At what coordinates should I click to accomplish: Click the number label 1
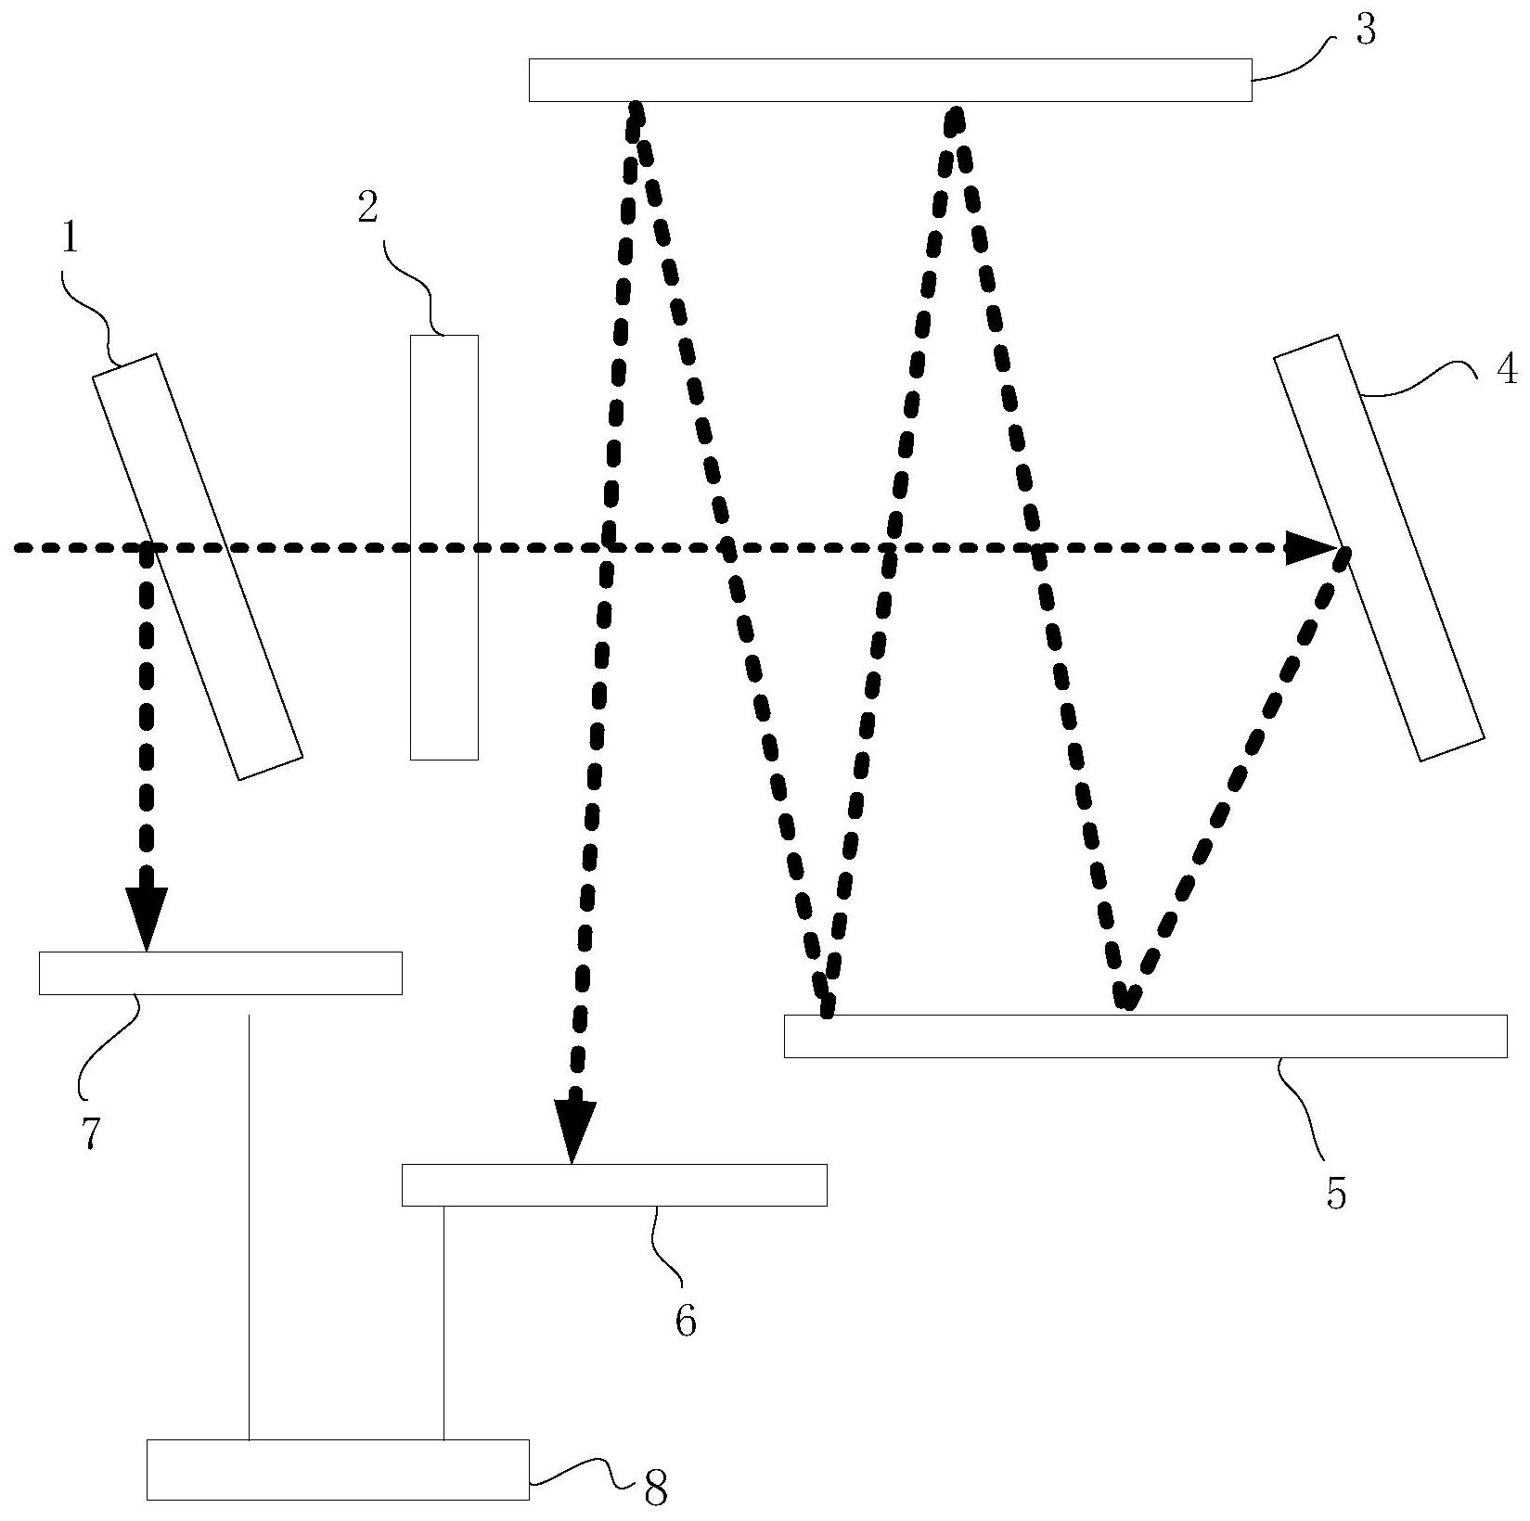pos(70,239)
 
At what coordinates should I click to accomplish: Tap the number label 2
pos(368,209)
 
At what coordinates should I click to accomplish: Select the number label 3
pos(1365,30)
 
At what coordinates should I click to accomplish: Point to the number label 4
pos(1507,370)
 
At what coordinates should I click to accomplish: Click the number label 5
pos(1335,1194)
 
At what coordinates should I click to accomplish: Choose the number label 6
pos(685,1321)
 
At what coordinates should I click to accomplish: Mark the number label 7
pos(90,1132)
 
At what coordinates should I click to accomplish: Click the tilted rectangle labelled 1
pos(198,567)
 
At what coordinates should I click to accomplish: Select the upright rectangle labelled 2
pos(444,547)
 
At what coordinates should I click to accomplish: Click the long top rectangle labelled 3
pos(890,80)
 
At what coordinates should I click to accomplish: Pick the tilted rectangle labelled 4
pos(1380,548)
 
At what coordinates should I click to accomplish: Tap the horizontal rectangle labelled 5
pos(1145,1036)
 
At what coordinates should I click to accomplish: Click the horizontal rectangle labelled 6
pos(614,1184)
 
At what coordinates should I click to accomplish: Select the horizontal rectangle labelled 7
pos(221,973)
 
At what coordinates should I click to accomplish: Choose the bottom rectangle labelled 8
pos(338,1469)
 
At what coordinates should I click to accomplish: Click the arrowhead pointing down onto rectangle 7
pos(147,919)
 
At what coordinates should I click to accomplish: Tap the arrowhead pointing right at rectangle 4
pos(1311,548)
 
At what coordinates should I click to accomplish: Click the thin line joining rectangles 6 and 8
pos(444,1323)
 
